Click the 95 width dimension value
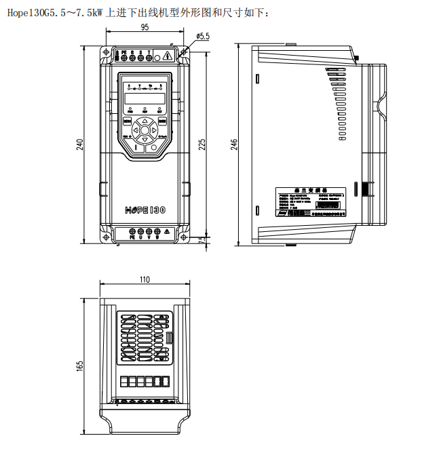[145, 27]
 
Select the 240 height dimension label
[79, 144]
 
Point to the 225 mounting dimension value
[202, 144]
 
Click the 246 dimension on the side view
[235, 144]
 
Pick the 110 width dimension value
[145, 279]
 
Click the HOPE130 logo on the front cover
[145, 210]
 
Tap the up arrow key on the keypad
[145, 121]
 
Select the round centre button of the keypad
[145, 130]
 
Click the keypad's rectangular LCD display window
[145, 97]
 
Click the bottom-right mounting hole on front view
[183, 237]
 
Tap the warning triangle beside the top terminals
[166, 56]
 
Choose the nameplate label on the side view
[310, 202]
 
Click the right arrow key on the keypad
[153, 130]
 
